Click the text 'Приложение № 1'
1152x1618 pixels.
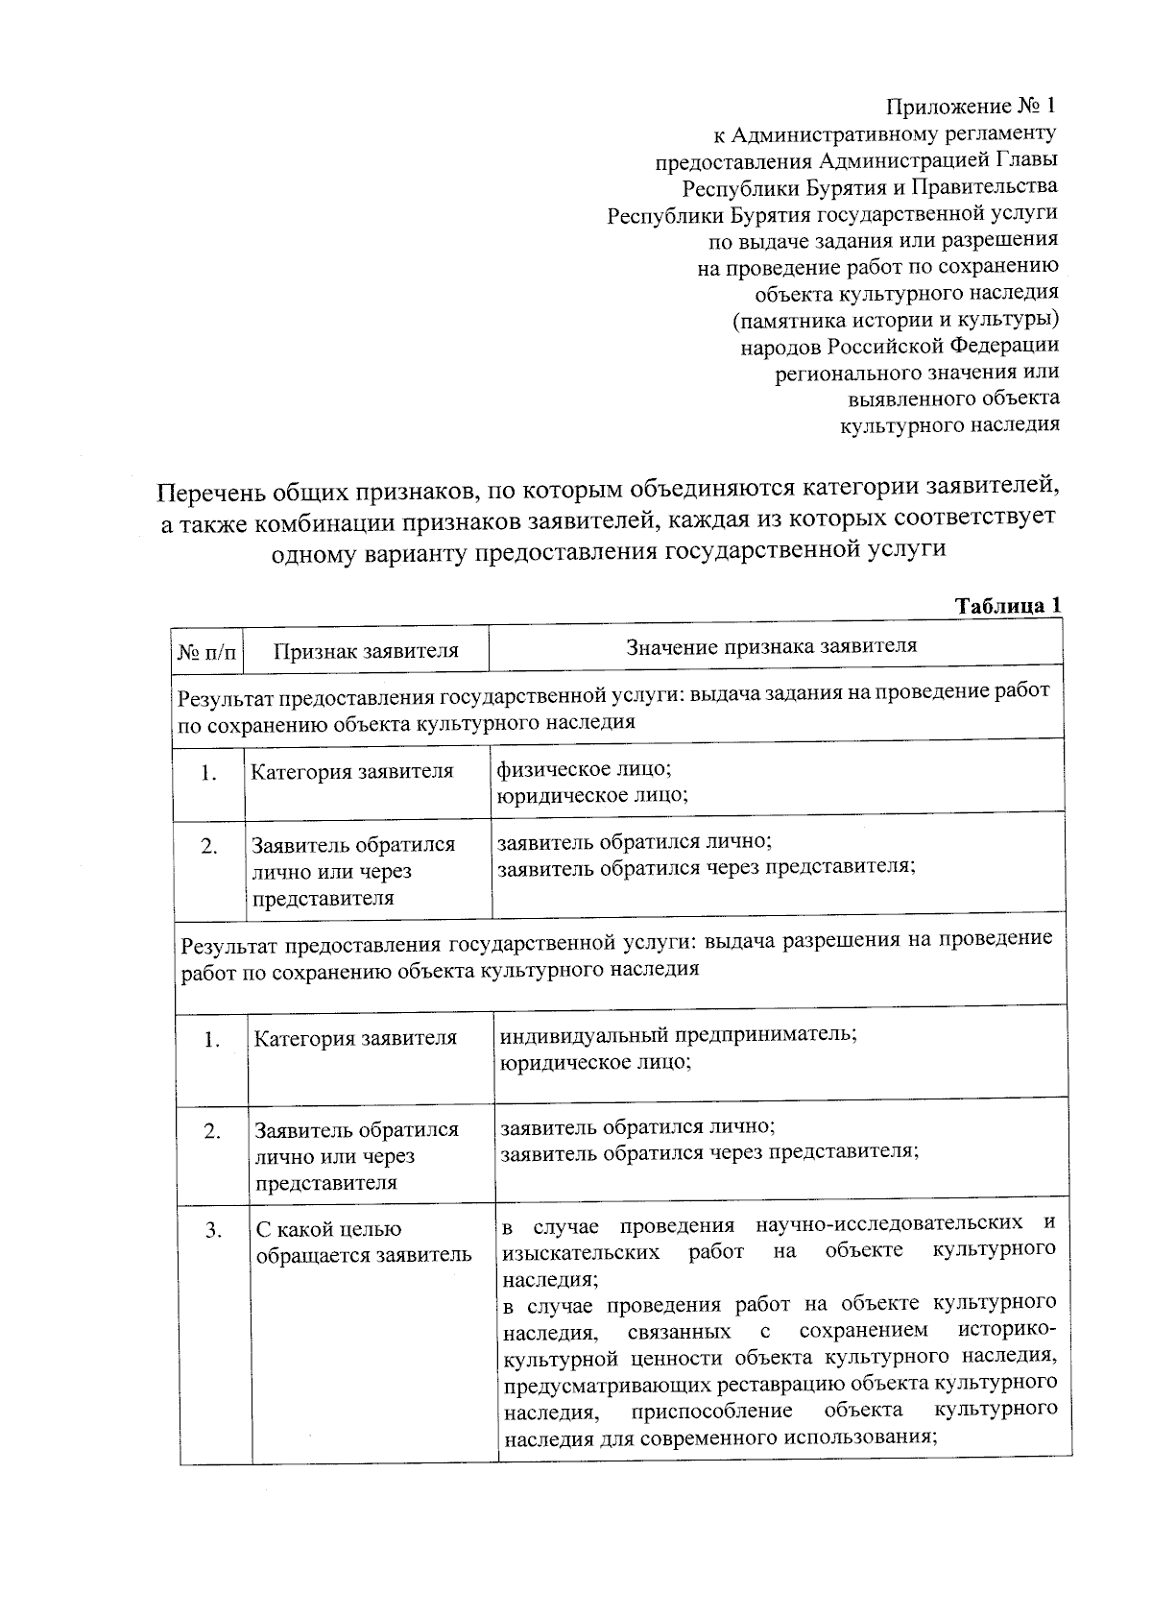click(971, 106)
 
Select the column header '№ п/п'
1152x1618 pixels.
click(206, 652)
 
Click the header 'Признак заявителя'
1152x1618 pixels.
click(366, 651)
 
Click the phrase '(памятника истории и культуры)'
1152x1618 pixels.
click(896, 319)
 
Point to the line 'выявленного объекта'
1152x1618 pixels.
click(953, 398)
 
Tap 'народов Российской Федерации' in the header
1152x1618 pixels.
click(900, 345)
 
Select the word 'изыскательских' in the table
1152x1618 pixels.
click(580, 1252)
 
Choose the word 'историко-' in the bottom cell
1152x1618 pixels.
click(1007, 1331)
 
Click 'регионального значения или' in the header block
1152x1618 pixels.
click(917, 372)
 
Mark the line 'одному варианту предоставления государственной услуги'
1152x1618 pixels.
click(609, 551)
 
